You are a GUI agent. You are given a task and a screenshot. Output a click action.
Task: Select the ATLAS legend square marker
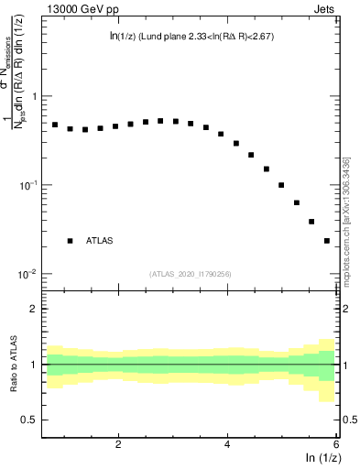coord(70,241)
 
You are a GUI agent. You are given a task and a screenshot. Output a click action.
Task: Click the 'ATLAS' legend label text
coord(100,241)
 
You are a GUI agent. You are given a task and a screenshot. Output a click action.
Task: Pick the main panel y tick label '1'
coord(34,96)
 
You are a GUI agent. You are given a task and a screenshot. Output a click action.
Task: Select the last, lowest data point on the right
coord(327,241)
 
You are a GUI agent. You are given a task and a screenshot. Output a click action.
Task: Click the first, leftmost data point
coord(55,125)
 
